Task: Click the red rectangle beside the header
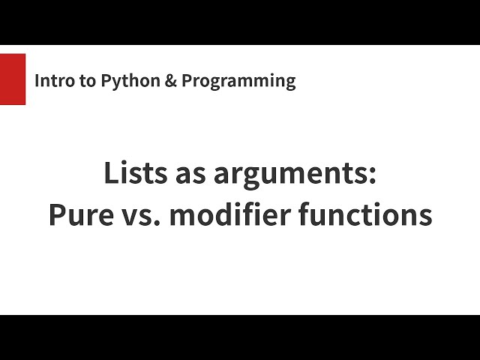(x=13, y=79)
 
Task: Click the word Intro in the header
(x=52, y=81)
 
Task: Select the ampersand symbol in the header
(x=169, y=81)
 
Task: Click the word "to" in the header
(x=85, y=81)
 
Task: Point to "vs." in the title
(x=140, y=216)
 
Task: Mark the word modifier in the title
(x=229, y=216)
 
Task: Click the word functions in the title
(x=365, y=216)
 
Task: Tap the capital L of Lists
(x=109, y=175)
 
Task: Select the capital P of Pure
(x=56, y=216)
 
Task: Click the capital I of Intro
(x=37, y=81)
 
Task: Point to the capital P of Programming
(x=187, y=81)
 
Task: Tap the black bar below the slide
(x=240, y=337)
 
